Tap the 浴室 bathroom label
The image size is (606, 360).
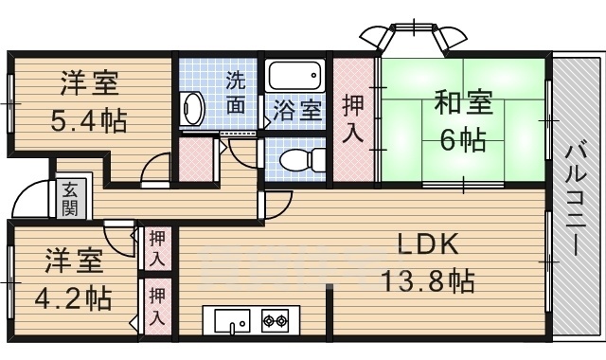click(x=297, y=109)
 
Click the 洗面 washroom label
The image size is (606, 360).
click(x=234, y=92)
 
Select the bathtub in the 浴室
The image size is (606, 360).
click(x=296, y=76)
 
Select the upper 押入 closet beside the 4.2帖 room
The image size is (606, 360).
click(x=157, y=248)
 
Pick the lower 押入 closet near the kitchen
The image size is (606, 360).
click(x=157, y=306)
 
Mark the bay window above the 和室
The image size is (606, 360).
click(x=413, y=36)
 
